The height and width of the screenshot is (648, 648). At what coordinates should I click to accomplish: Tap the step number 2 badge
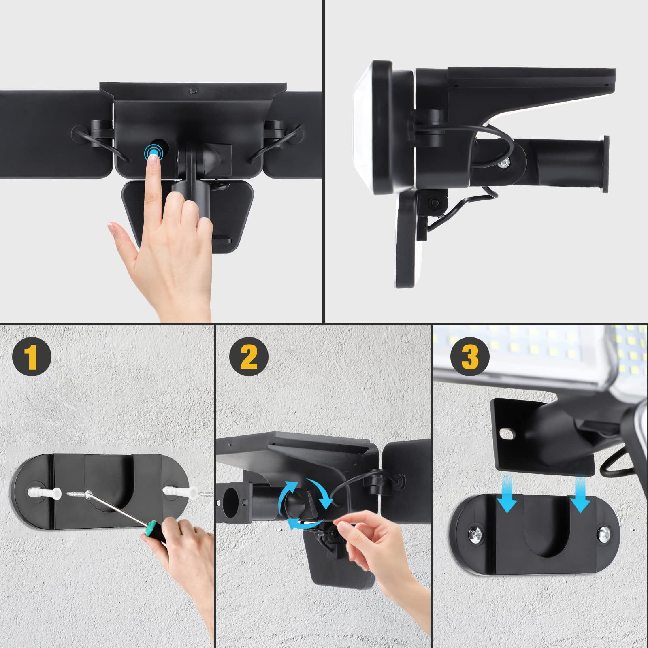[x=249, y=356]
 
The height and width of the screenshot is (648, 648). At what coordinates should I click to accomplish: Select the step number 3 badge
[x=470, y=356]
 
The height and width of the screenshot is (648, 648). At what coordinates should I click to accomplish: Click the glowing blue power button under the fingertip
[x=153, y=152]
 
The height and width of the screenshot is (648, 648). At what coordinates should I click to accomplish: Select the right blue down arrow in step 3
[x=581, y=494]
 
